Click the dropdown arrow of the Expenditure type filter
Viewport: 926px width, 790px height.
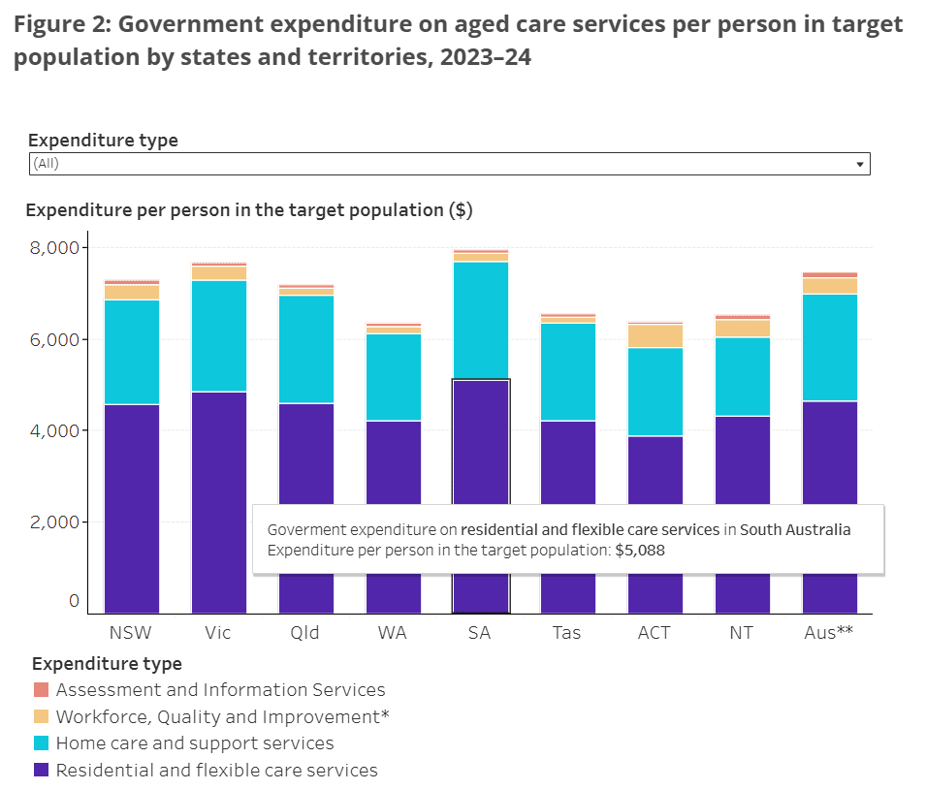(859, 165)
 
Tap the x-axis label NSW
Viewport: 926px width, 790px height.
(132, 633)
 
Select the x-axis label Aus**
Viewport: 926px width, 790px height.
(830, 633)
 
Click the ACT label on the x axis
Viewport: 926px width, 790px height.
(655, 633)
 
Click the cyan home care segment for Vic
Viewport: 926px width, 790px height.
(219, 335)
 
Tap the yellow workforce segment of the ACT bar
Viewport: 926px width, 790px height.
(655, 335)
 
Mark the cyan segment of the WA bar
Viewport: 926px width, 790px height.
(394, 377)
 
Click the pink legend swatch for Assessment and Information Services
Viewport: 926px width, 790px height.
(41, 690)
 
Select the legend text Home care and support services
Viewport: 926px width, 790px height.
(195, 743)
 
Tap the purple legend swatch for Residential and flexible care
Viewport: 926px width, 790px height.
(41, 771)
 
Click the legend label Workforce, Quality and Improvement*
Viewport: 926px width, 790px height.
(223, 717)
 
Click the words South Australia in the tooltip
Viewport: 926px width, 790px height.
(795, 530)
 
